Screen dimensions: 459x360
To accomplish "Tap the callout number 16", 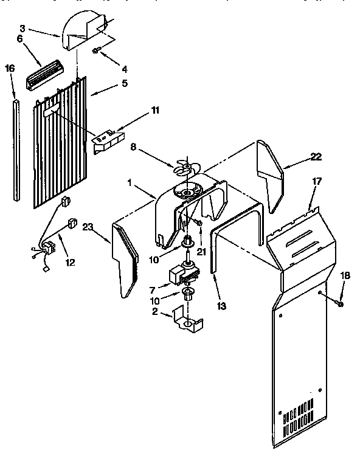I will tap(9, 69).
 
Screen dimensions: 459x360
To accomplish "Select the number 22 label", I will tap(316, 156).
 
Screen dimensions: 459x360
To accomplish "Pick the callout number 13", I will tap(222, 306).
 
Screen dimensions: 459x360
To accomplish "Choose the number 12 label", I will tap(71, 263).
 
